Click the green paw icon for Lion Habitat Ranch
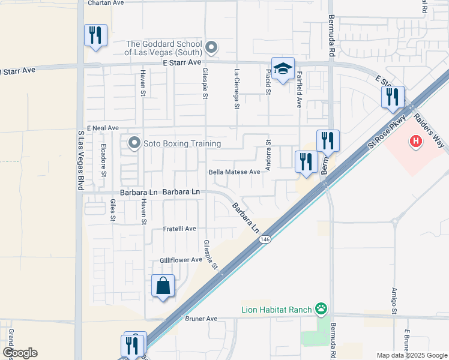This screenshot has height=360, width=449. (322, 310)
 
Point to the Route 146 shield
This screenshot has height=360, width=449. (264, 239)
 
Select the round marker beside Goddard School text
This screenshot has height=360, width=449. (211, 47)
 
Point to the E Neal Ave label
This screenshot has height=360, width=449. (103, 128)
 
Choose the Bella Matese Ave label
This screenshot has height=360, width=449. (234, 172)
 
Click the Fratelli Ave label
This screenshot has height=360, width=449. (179, 229)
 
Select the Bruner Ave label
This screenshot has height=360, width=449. (201, 319)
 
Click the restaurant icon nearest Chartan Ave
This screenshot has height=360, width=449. (95, 35)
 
